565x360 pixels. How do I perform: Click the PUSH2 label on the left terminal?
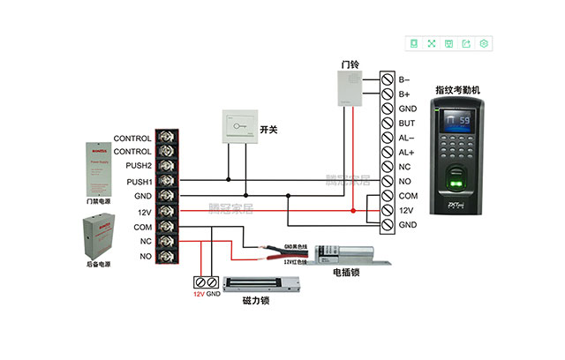pos(139,166)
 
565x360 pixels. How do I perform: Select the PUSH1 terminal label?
pos(139,181)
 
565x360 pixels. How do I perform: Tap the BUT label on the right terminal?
pos(407,123)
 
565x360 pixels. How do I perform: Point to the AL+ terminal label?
pos(407,152)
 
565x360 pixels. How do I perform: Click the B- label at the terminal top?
pos(404,79)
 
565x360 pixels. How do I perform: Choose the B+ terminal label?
pos(404,94)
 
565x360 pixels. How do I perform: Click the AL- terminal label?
pos(407,138)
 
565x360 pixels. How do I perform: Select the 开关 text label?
pos(269,130)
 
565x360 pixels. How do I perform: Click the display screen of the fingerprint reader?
pos(458,121)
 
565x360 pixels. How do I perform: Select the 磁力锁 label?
pos(255,301)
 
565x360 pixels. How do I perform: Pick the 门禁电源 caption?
pos(98,201)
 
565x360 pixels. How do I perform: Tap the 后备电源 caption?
pos(98,264)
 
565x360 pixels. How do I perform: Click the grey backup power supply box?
pos(98,235)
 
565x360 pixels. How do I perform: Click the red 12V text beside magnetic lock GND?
pos(200,293)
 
